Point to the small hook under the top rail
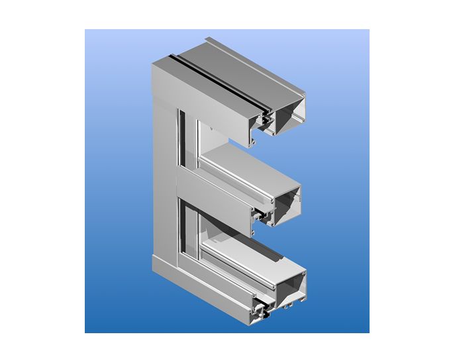click(x=252, y=140)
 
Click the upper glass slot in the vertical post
click(x=181, y=139)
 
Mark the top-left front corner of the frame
click(x=153, y=64)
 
